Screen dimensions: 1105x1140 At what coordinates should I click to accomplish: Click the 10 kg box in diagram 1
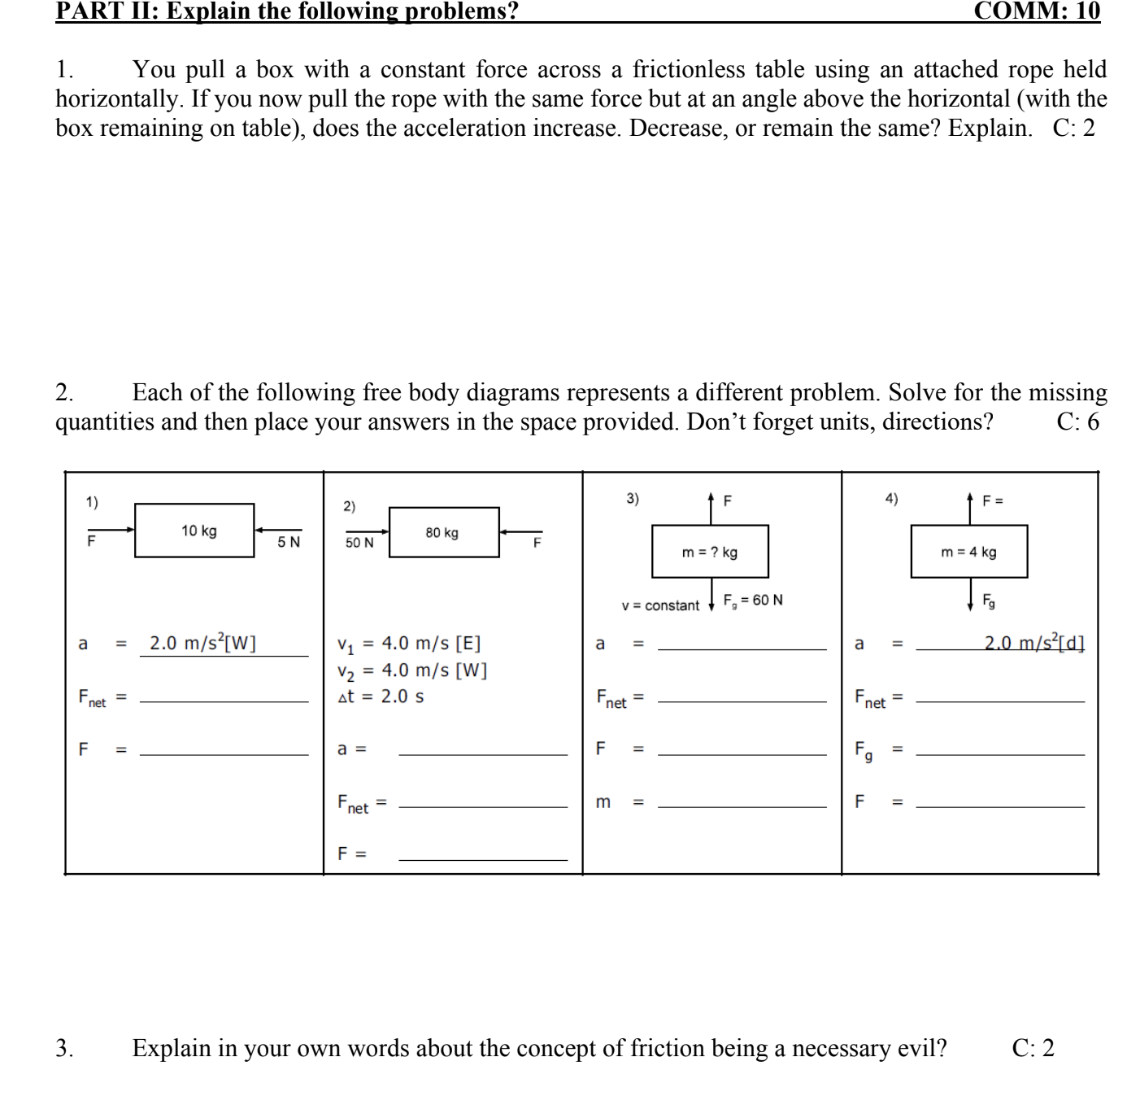point(194,531)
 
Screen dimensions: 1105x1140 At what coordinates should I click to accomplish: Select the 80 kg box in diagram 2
point(444,532)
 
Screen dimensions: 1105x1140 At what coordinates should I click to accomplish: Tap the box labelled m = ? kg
point(710,552)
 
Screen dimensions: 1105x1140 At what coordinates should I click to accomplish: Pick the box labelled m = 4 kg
point(968,552)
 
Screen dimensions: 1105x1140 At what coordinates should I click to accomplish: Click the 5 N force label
point(289,542)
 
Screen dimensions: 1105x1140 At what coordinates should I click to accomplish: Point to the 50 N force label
point(359,543)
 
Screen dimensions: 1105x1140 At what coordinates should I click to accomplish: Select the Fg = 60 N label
point(753,601)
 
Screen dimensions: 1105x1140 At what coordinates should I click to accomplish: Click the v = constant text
point(659,605)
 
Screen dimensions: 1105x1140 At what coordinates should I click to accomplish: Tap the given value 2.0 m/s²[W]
point(202,644)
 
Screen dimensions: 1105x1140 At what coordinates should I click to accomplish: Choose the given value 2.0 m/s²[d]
point(1033,643)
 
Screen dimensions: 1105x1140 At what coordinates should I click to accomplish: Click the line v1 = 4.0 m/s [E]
point(409,644)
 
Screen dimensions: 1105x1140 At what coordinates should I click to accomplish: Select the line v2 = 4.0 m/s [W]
point(411,670)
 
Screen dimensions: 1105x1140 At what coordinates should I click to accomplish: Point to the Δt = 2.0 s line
point(381,697)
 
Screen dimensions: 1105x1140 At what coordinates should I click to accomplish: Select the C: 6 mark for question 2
point(1077,421)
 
